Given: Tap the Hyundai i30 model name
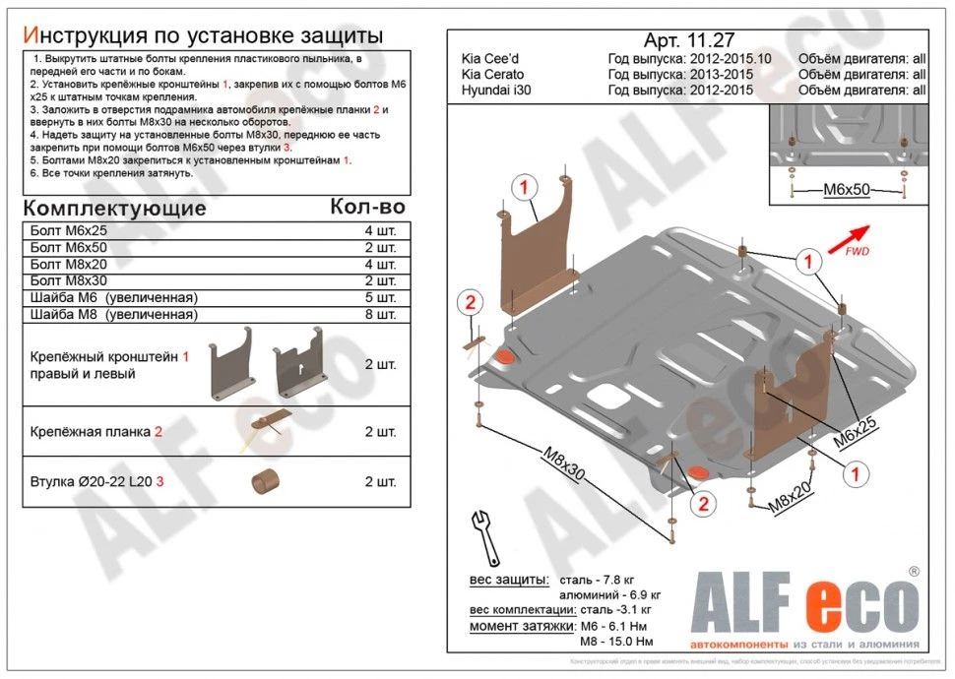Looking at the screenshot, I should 492,91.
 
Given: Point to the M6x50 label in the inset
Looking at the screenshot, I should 846,189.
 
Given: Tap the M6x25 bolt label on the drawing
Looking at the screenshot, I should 856,431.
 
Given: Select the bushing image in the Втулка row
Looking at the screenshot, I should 263,482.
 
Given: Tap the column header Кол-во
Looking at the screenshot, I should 366,207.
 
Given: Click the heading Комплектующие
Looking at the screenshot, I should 114,209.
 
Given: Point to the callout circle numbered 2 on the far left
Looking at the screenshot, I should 470,302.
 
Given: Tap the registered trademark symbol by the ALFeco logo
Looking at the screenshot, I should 914,571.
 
